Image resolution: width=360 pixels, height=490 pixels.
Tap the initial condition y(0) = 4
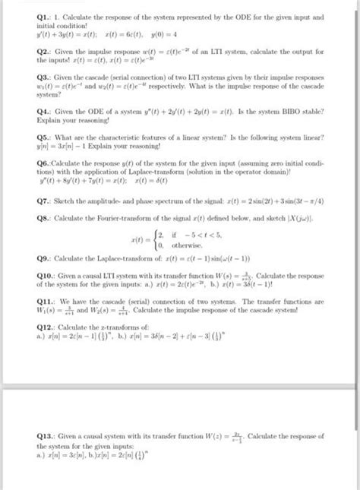click(x=158, y=33)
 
